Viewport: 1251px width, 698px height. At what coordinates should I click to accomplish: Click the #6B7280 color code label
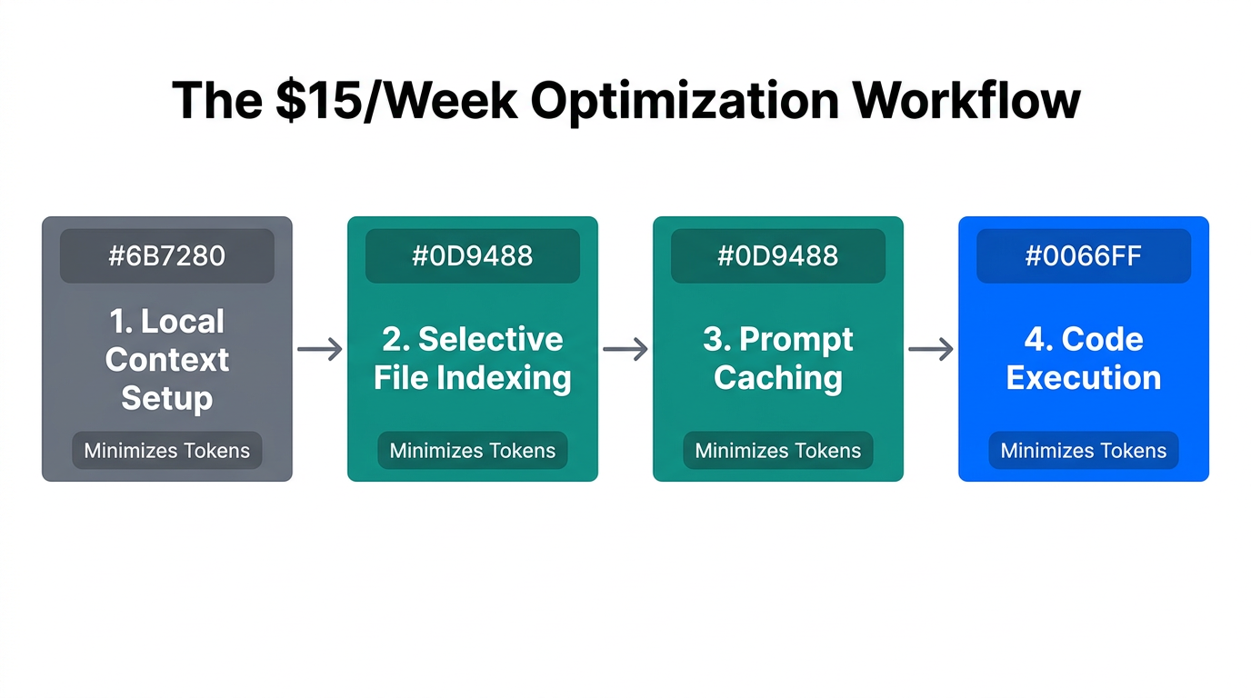(167, 255)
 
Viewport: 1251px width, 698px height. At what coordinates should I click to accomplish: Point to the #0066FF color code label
(1084, 255)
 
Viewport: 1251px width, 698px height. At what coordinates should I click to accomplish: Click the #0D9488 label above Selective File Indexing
(473, 255)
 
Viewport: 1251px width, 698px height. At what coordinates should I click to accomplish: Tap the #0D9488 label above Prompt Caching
(778, 255)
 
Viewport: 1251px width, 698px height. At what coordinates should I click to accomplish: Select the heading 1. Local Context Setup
(167, 359)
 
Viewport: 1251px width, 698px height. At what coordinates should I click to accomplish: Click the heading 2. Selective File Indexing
(473, 358)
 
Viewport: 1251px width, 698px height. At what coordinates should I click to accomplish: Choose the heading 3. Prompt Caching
(778, 358)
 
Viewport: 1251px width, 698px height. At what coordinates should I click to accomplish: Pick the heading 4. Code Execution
(1084, 358)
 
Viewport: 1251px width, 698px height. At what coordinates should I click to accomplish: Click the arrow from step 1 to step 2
(320, 348)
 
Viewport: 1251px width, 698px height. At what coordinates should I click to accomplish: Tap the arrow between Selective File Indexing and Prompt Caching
(625, 348)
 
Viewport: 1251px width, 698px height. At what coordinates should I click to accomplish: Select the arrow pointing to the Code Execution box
(931, 348)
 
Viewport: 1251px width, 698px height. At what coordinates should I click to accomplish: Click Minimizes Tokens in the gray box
(167, 450)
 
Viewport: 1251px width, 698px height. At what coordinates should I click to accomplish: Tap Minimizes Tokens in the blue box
(1084, 450)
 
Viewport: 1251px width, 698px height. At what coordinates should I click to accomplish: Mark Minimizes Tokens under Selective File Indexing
(473, 450)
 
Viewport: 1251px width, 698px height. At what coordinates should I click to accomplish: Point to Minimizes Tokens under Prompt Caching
(778, 450)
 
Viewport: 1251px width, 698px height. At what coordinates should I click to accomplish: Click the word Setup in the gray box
(167, 398)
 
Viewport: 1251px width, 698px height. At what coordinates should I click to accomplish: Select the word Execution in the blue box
(1084, 378)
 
